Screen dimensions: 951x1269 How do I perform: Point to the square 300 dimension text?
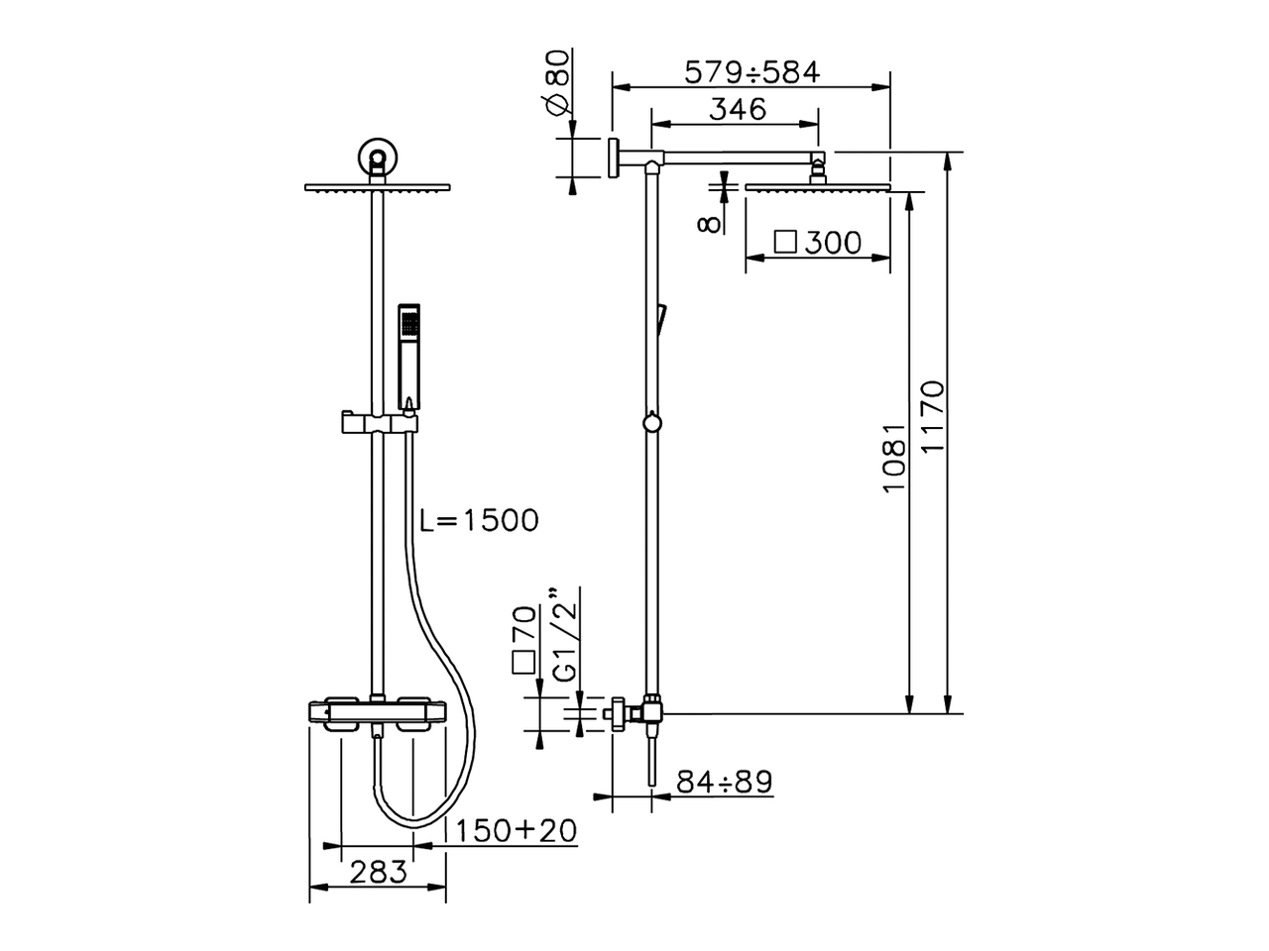click(818, 243)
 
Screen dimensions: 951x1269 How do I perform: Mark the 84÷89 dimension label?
click(724, 782)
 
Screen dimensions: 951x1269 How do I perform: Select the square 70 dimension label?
click(524, 641)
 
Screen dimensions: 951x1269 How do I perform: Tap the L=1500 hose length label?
click(478, 520)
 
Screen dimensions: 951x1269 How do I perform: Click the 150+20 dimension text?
click(516, 830)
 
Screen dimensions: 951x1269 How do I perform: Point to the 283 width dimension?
click(377, 872)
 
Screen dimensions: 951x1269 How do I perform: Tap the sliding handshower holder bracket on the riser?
click(380, 423)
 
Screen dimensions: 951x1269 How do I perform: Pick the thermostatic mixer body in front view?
click(377, 715)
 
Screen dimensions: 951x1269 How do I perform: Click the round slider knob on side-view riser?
click(650, 423)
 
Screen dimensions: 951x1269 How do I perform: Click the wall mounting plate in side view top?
click(613, 158)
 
